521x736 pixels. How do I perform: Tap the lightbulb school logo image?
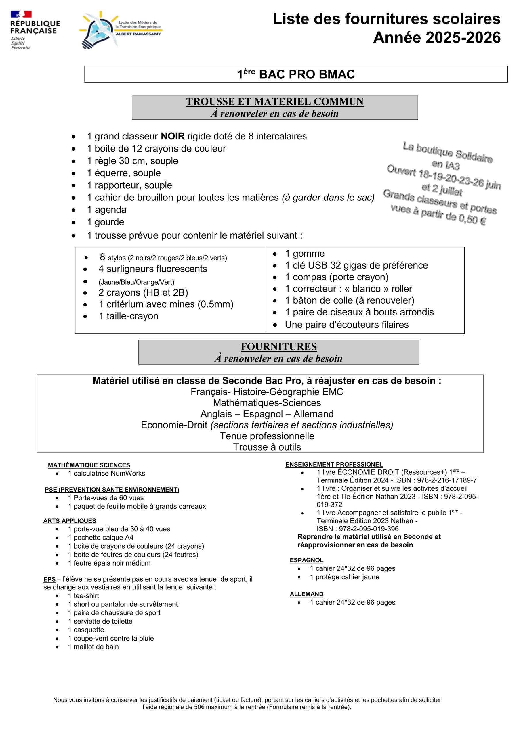(x=100, y=30)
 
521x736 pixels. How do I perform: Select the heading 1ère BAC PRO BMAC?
(x=295, y=74)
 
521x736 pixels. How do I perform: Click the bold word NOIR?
(x=173, y=136)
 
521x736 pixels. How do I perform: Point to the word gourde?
(x=109, y=222)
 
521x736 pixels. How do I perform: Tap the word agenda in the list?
(x=110, y=210)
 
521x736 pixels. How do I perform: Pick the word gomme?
(x=308, y=254)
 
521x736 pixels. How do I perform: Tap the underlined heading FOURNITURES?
(x=278, y=347)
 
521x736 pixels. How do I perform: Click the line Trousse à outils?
(x=267, y=447)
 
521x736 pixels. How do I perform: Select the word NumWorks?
(x=128, y=474)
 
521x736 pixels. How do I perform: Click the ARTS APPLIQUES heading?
(x=70, y=521)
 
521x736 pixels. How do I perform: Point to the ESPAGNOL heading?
(x=306, y=560)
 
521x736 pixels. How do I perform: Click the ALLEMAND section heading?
(x=306, y=594)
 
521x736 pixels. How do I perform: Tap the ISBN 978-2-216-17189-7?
(x=446, y=480)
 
